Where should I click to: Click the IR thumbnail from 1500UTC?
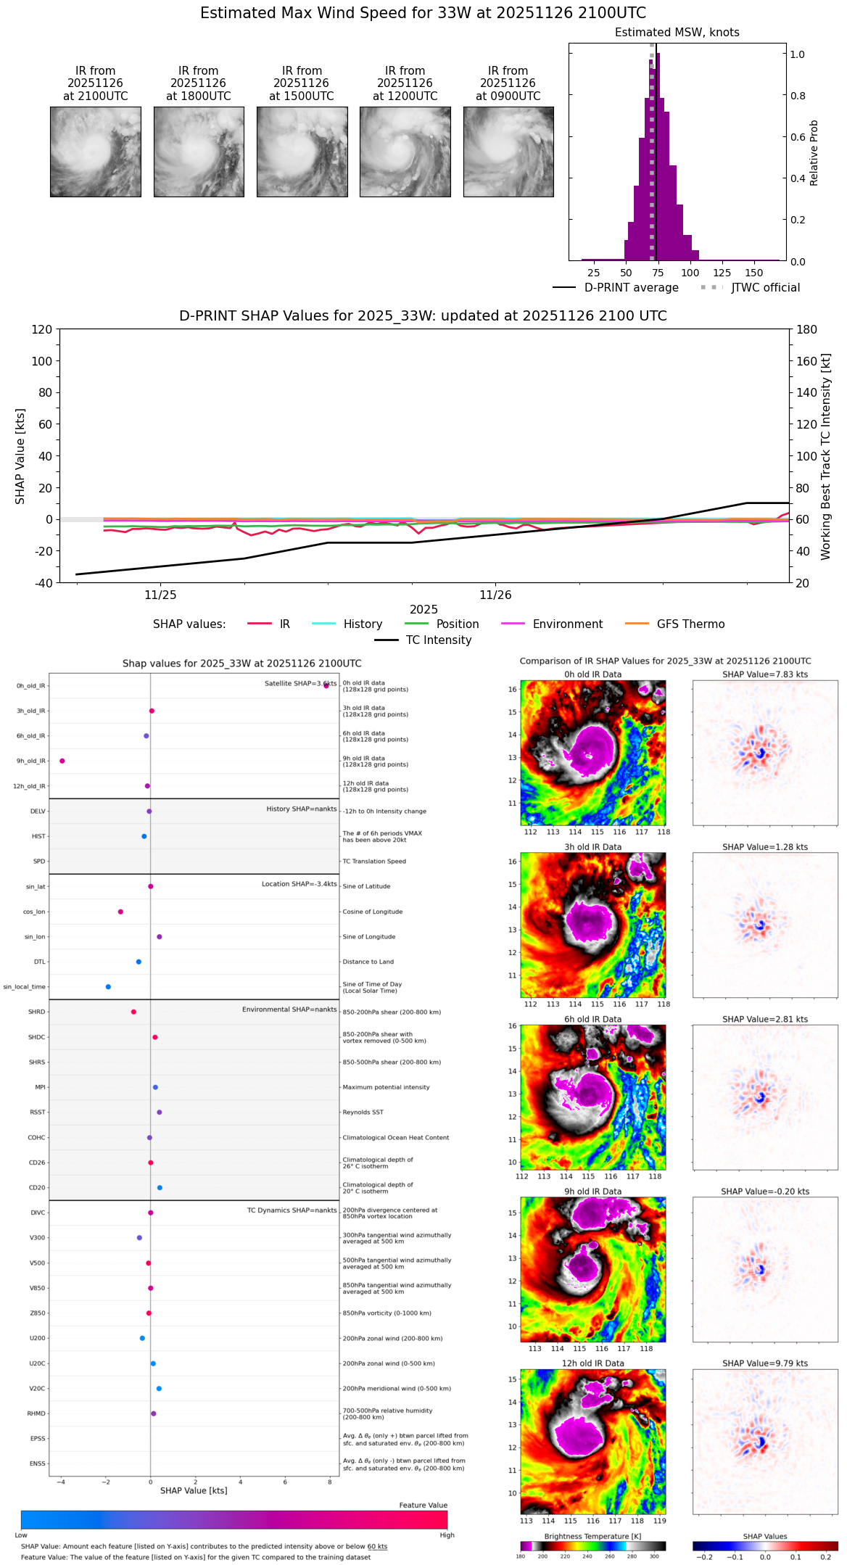pos(302,152)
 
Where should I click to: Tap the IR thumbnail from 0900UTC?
pos(508,152)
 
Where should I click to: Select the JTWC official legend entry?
pos(765,288)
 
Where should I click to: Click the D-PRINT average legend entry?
pos(631,288)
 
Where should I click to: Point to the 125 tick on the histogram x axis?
pos(722,273)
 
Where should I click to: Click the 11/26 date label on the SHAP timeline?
pos(495,595)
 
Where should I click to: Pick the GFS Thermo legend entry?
pos(690,624)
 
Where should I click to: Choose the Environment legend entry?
pos(567,624)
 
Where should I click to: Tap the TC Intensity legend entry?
pos(438,640)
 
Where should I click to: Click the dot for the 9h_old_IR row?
pos(62,761)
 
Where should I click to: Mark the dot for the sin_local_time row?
pos(108,986)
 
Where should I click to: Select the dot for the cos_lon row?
pos(120,912)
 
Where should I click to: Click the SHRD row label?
pos(36,1012)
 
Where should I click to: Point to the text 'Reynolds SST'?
pos(363,1112)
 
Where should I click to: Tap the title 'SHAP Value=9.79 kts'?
pos(765,1363)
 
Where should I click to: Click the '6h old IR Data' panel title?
pos(592,1019)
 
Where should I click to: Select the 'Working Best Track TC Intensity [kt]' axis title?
pos(825,457)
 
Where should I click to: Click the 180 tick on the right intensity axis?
pos(807,330)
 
